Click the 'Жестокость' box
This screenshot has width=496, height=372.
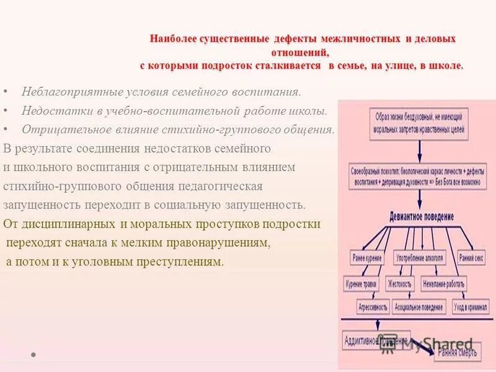pyautogui.click(x=399, y=284)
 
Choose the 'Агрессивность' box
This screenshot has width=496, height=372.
pyautogui.click(x=373, y=307)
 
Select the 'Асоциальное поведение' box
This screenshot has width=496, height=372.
pyautogui.click(x=419, y=307)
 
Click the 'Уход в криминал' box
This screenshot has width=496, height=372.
pyautogui.click(x=469, y=307)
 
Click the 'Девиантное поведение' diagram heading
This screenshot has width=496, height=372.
pyautogui.click(x=421, y=218)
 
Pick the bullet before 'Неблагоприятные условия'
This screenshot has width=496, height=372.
pyautogui.click(x=6, y=92)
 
